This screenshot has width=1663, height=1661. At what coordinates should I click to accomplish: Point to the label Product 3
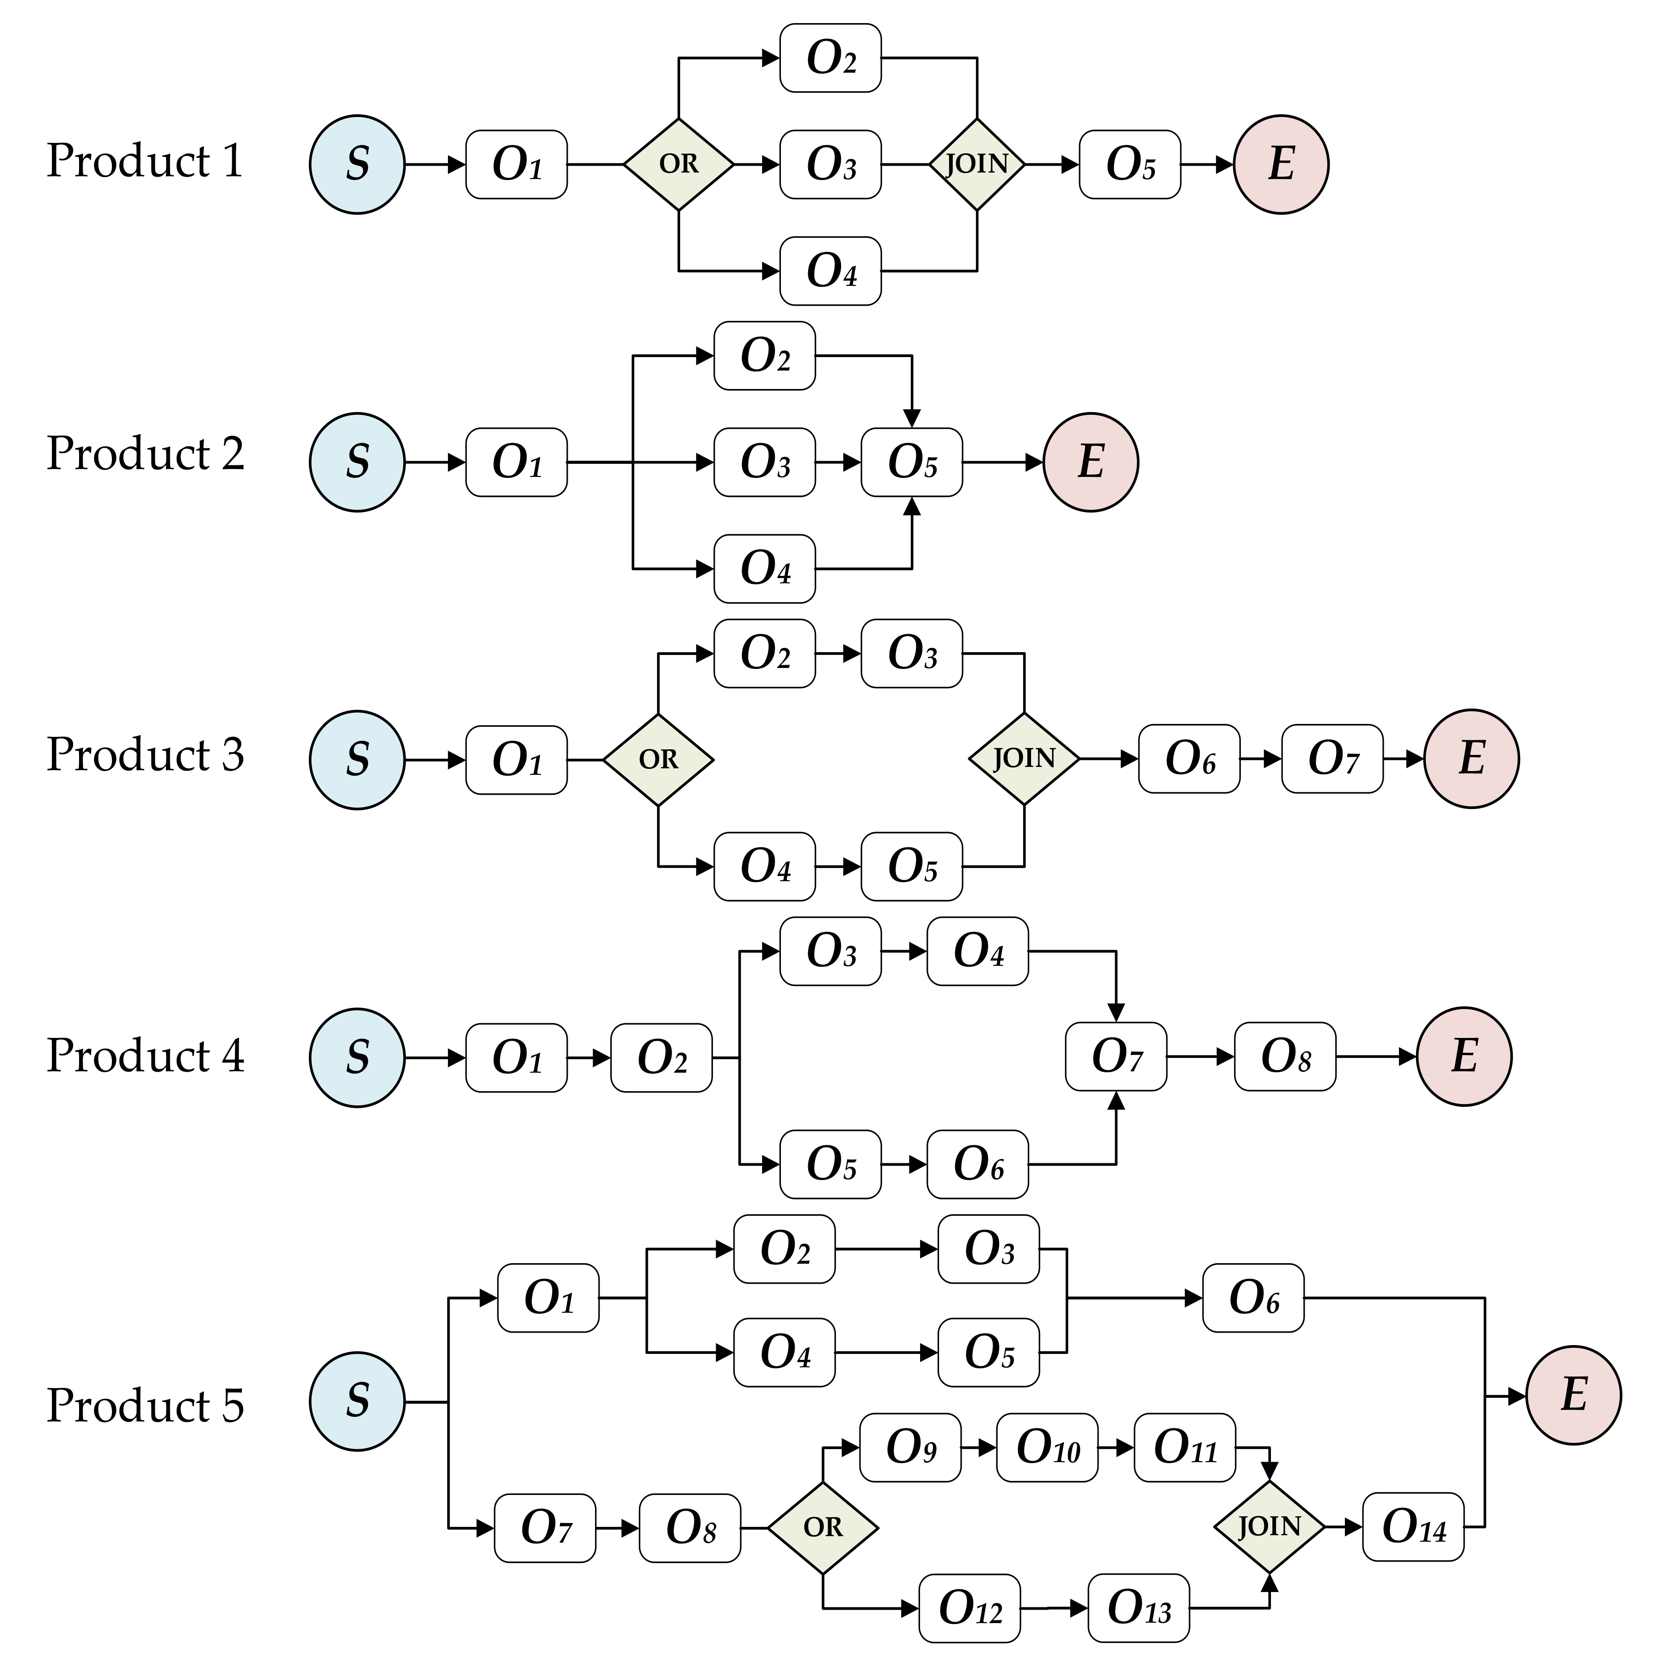145,755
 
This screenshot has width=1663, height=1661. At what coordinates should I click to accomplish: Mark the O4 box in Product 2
764,568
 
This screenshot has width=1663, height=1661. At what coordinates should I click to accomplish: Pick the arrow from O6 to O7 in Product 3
1260,759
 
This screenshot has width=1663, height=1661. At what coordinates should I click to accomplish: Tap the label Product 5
145,1406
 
